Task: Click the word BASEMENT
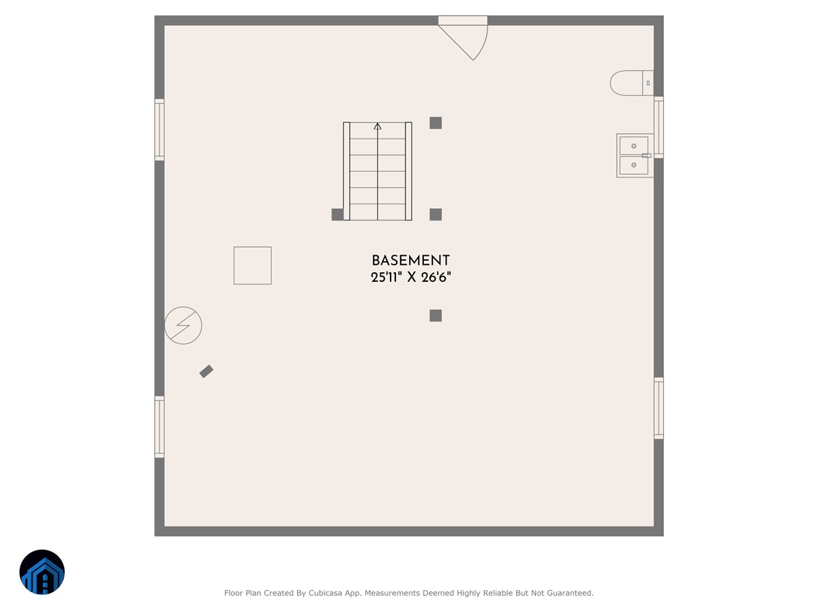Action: [410, 261]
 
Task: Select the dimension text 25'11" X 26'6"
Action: [410, 278]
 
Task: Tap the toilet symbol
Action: [631, 83]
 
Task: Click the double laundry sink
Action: [634, 156]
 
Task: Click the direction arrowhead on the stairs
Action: [378, 126]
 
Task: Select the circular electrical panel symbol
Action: [183, 325]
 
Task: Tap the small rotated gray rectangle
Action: [207, 371]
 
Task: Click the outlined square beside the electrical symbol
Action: [252, 265]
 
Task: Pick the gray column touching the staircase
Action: [337, 214]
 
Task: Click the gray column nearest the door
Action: [436, 123]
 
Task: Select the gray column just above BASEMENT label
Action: [436, 214]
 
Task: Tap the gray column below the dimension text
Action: [436, 315]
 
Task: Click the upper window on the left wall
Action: [160, 130]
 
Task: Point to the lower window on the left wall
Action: [160, 427]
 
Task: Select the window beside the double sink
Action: [658, 127]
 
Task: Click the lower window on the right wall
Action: [658, 408]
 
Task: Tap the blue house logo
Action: [42, 572]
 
